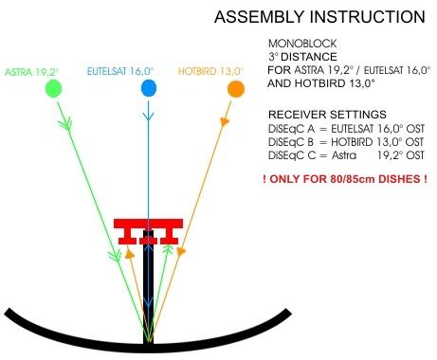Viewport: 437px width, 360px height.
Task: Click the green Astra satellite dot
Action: point(53,88)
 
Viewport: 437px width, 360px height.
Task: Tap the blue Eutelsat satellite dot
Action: point(149,88)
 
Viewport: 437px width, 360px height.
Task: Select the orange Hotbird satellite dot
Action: point(236,89)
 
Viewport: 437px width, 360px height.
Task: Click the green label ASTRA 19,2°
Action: point(31,72)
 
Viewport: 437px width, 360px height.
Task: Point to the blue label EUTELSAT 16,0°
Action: point(120,71)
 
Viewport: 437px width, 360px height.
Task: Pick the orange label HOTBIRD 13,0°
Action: point(210,71)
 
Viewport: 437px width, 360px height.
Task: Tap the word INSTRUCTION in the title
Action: point(367,17)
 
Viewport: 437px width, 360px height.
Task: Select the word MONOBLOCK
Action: point(302,44)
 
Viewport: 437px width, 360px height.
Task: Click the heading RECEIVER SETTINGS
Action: point(327,115)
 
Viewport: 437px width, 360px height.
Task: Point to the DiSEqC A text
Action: point(291,129)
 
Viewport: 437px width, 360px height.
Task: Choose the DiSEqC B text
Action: point(291,142)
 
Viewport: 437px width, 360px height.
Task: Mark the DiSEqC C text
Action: point(292,155)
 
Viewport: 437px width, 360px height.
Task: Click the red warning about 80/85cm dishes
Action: point(345,179)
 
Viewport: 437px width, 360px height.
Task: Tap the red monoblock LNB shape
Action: point(148,231)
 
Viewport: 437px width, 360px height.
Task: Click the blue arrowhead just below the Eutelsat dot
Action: point(148,116)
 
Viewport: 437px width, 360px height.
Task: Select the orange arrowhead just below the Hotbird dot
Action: point(225,121)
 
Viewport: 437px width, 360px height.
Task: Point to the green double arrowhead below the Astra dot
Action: point(65,123)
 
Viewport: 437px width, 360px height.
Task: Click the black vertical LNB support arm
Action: point(148,287)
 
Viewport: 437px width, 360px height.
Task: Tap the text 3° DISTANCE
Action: point(302,57)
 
